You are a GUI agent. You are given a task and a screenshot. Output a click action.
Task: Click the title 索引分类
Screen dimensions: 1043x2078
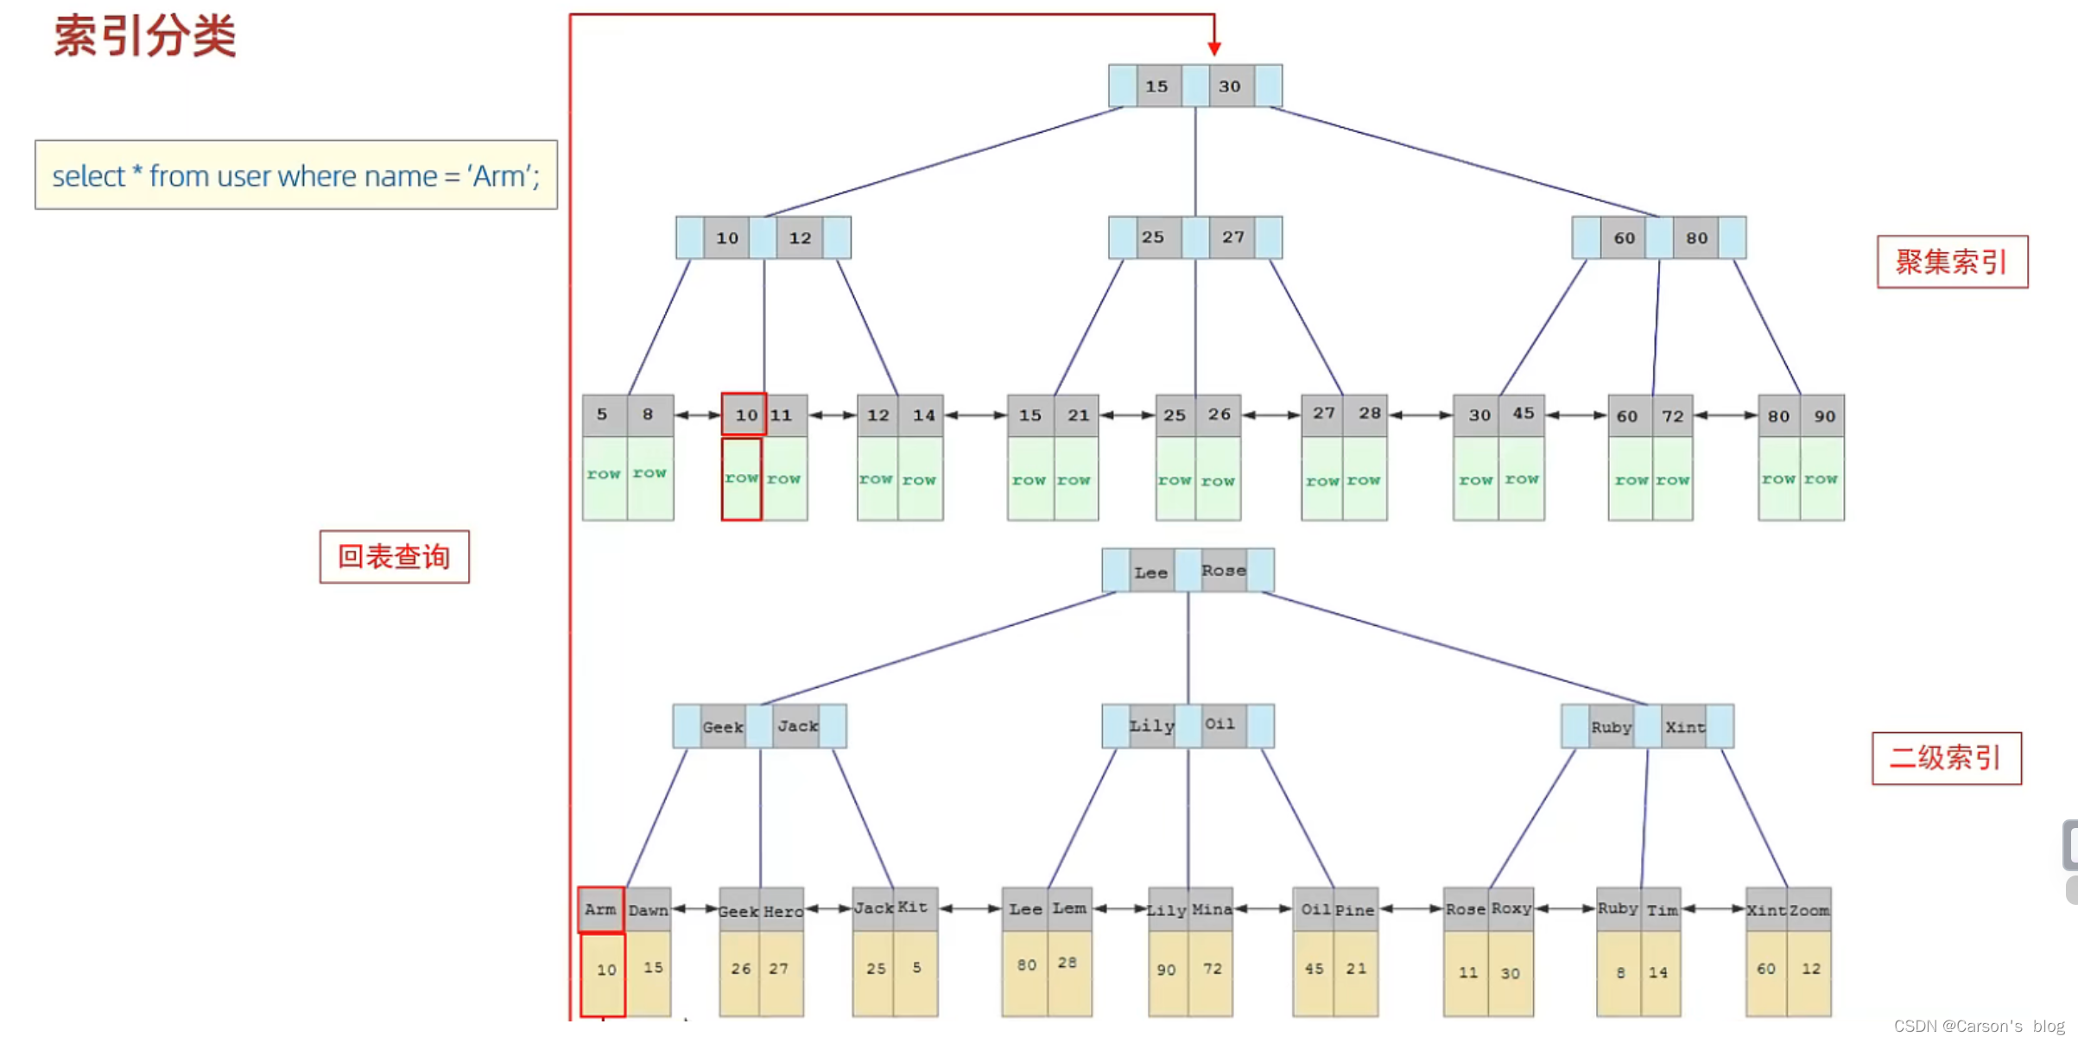click(x=145, y=36)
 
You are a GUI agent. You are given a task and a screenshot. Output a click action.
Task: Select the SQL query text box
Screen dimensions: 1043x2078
click(x=295, y=175)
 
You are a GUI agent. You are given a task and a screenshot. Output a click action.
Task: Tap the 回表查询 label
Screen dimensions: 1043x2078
click(x=394, y=557)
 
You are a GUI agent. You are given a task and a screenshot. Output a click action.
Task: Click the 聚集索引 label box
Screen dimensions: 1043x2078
click(x=1951, y=262)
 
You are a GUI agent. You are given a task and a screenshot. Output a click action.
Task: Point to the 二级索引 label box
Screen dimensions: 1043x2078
click(x=1946, y=758)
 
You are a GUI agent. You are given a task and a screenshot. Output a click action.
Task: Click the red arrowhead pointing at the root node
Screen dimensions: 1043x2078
click(x=1213, y=47)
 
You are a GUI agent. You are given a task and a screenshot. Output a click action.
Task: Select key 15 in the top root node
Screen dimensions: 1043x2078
click(x=1156, y=86)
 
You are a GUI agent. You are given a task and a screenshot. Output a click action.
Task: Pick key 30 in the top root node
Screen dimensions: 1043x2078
click(x=1230, y=86)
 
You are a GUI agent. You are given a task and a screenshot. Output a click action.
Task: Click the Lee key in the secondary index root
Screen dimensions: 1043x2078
click(x=1150, y=572)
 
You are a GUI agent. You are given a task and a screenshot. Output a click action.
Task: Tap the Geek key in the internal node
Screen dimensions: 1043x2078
click(x=723, y=727)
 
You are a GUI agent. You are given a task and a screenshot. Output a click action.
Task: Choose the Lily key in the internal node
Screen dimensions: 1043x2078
click(x=1152, y=726)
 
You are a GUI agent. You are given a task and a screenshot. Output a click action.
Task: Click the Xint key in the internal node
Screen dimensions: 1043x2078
click(x=1685, y=727)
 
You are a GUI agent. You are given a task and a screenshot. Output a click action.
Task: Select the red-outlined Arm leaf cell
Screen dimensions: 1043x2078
click(x=600, y=909)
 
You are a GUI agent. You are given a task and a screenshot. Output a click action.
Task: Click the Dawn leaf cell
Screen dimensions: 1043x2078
click(x=649, y=910)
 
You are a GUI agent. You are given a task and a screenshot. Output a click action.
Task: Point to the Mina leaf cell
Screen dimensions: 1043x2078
click(x=1212, y=909)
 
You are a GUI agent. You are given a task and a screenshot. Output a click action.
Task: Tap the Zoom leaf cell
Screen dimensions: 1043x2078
click(x=1809, y=910)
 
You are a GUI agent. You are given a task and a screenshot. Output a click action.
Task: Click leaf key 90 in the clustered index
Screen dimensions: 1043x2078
click(x=1824, y=416)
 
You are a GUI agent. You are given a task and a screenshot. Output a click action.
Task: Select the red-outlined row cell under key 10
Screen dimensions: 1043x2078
click(x=741, y=478)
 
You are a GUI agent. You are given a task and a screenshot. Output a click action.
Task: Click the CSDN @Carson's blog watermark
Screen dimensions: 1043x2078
click(x=1979, y=1026)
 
